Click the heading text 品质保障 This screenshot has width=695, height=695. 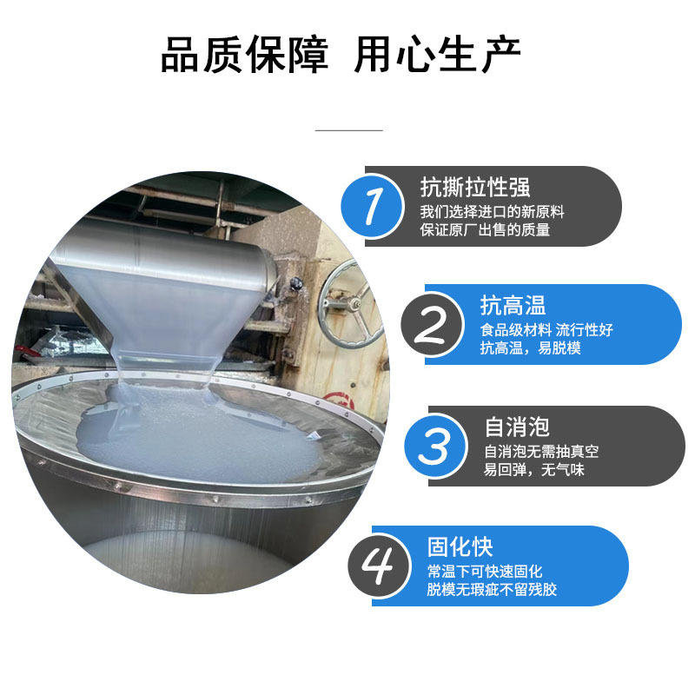tap(244, 56)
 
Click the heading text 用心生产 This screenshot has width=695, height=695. tap(437, 56)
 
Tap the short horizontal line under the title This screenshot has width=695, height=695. tap(348, 130)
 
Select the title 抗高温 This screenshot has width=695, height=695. tap(513, 306)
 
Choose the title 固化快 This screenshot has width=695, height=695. tap(460, 546)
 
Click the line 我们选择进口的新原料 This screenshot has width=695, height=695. tap(493, 212)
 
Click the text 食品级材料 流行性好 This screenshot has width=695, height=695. tap(546, 330)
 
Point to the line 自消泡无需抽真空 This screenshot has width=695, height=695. tap(541, 452)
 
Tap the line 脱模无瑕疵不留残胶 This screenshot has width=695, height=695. tap(492, 590)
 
